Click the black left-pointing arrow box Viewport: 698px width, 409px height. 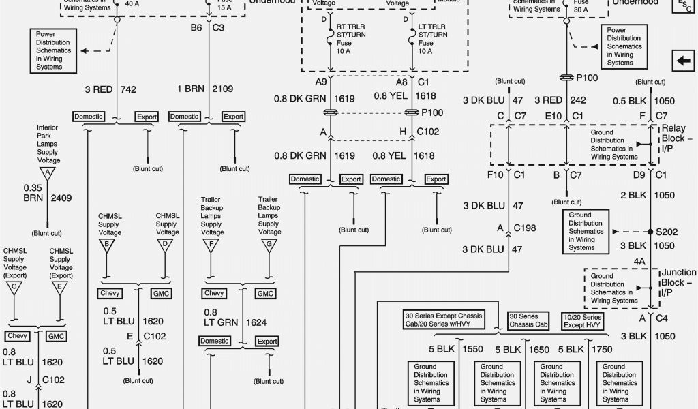pyautogui.click(x=682, y=61)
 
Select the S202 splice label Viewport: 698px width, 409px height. pyautogui.click(x=667, y=232)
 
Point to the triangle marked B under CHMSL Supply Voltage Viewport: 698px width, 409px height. pyautogui.click(x=106, y=245)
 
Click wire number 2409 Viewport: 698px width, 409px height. pyautogui.click(x=60, y=198)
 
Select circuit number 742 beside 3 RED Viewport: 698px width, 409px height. pyautogui.click(x=129, y=89)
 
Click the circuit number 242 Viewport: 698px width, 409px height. pyautogui.click(x=578, y=100)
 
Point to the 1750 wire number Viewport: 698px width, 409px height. pyautogui.click(x=601, y=349)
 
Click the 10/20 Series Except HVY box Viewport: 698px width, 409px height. pyautogui.click(x=582, y=321)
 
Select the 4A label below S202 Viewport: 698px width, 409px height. pyautogui.click(x=639, y=260)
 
